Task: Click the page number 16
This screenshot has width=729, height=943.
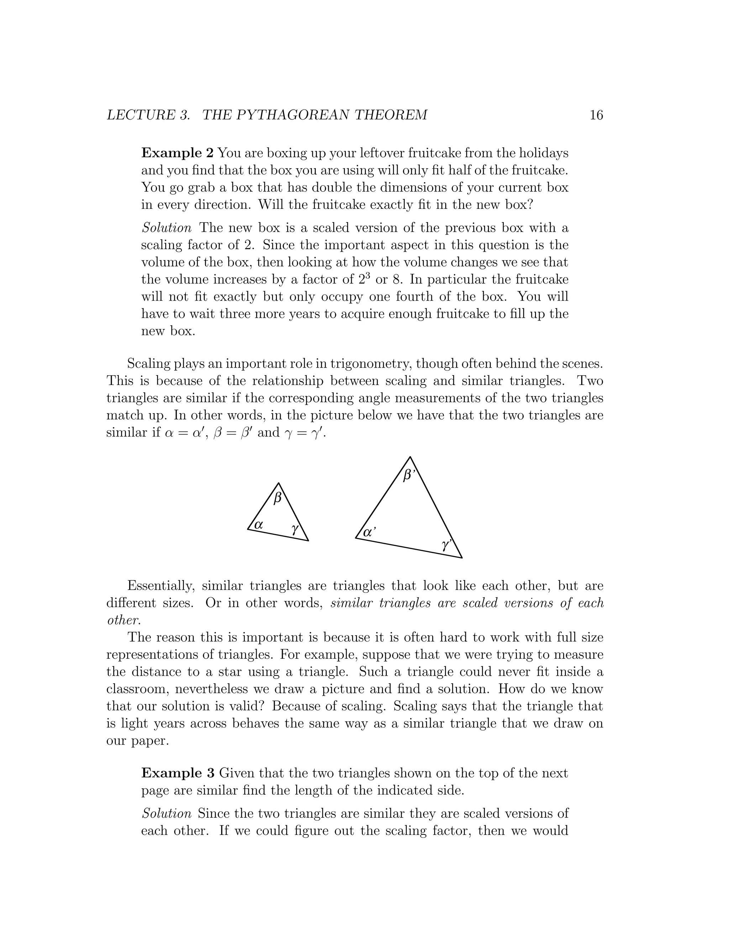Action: coord(596,115)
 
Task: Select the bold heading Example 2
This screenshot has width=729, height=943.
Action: coord(177,153)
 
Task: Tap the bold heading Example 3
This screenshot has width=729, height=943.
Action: coord(177,773)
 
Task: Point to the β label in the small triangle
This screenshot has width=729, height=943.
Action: coord(278,498)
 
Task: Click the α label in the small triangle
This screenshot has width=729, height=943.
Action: coord(259,525)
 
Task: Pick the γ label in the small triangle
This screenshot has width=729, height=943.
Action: coord(295,528)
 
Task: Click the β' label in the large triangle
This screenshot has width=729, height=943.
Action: coord(408,475)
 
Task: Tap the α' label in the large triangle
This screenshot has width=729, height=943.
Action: coord(369,532)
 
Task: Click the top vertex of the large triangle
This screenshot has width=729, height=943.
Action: coord(410,457)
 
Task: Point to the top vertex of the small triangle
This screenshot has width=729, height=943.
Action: coord(279,483)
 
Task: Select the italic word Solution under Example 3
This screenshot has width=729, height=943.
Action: coord(166,813)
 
